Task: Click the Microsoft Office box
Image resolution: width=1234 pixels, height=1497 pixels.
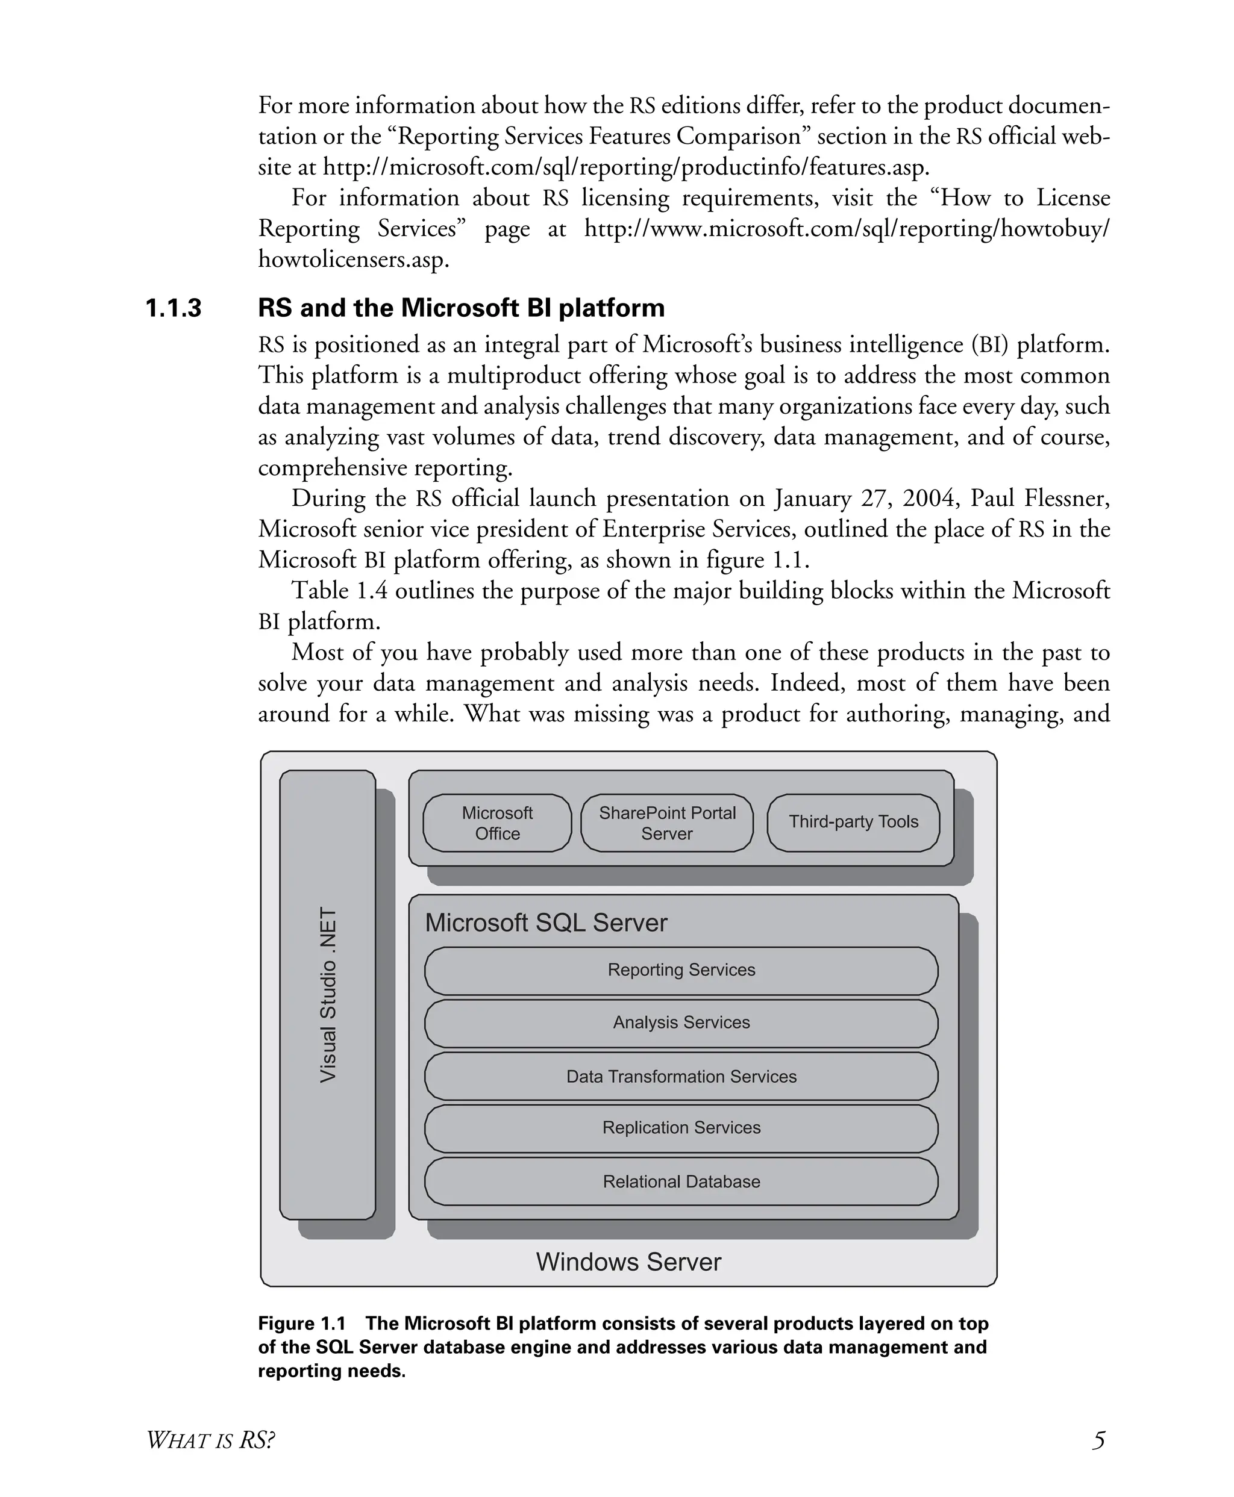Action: click(x=497, y=823)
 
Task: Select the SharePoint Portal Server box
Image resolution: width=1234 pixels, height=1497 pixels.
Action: click(x=667, y=823)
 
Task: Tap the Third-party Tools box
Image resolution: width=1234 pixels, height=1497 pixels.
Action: click(x=853, y=822)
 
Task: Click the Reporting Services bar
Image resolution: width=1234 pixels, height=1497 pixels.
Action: click(x=681, y=970)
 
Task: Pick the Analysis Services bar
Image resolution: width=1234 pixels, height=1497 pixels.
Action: click(x=681, y=1022)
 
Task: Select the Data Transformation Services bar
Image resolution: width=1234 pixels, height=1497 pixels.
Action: click(x=681, y=1077)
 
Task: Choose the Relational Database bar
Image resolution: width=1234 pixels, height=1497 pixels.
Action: click(x=681, y=1181)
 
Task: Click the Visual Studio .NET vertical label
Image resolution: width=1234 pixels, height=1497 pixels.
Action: click(x=328, y=995)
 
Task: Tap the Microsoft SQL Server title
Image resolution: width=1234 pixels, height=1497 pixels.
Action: click(x=546, y=923)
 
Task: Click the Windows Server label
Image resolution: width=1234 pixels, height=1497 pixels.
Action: click(x=628, y=1262)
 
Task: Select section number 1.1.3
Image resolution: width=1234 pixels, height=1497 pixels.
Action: click(x=174, y=308)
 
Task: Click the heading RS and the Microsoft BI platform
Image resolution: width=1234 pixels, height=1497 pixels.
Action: click(x=462, y=308)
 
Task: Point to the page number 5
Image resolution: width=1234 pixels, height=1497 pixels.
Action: click(x=1098, y=1440)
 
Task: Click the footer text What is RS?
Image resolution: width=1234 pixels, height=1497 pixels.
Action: click(x=210, y=1440)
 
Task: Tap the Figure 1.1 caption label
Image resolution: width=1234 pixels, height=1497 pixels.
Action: click(x=301, y=1324)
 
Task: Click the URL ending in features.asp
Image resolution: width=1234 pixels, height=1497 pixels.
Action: click(x=625, y=167)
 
